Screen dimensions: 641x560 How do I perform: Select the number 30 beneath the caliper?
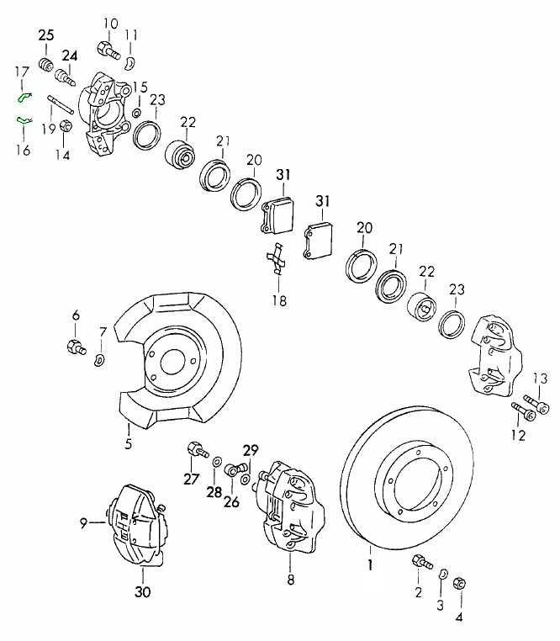(143, 591)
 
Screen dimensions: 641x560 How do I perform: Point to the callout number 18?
(278, 300)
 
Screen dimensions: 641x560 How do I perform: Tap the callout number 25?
(45, 34)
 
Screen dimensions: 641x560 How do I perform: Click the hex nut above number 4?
(460, 583)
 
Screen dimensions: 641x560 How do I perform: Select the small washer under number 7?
(99, 360)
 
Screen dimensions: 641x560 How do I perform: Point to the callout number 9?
(84, 523)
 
